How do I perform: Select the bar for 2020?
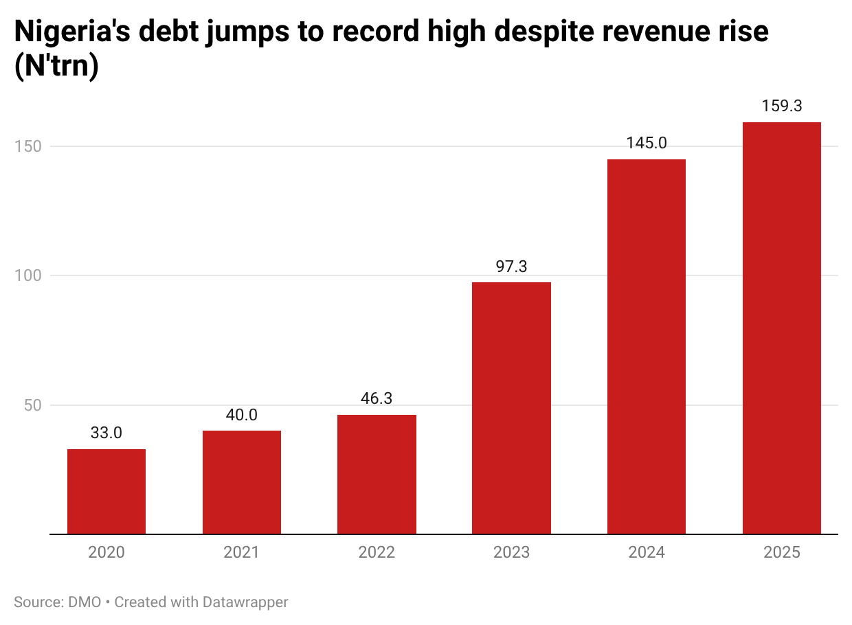[x=106, y=491]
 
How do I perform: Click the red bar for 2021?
[x=242, y=482]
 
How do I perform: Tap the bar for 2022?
[x=377, y=474]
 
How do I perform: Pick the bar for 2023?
[x=511, y=408]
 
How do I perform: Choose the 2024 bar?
[x=647, y=347]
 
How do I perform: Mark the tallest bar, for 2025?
[x=782, y=328]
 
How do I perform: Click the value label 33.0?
[x=106, y=433]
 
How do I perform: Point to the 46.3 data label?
[x=377, y=399]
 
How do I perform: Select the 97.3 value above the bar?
[x=511, y=266]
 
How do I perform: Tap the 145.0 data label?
[x=647, y=144]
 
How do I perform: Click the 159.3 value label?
[x=782, y=106]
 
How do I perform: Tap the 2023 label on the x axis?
[x=511, y=552]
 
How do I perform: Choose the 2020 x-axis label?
[x=106, y=552]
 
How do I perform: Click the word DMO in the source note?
[x=85, y=602]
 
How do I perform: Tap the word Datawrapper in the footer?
[x=245, y=602]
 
